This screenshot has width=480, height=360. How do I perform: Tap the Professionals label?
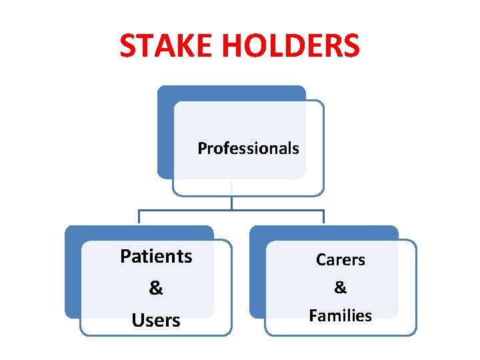coord(248,148)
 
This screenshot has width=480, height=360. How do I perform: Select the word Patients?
coord(156,256)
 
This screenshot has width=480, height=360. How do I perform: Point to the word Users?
coord(156,321)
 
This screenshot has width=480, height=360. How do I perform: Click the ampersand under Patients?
coord(156,288)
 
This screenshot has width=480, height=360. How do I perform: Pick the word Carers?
coord(340,260)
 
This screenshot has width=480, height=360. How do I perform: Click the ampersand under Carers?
coord(340,287)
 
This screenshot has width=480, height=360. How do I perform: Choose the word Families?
coord(340,315)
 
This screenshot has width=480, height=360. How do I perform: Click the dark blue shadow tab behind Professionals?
coord(164,133)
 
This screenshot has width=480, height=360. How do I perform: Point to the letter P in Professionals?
coord(201,148)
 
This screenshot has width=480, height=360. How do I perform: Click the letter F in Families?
coord(313,315)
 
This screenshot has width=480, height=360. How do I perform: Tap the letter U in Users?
coord(137,321)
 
